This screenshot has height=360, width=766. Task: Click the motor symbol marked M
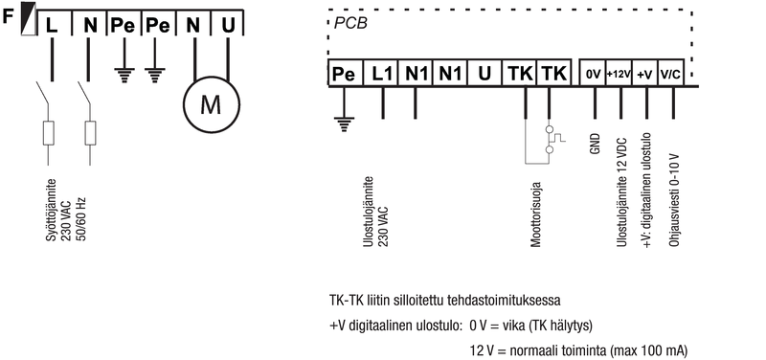[211, 104]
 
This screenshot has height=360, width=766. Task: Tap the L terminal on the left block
[53, 26]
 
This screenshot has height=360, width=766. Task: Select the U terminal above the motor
[228, 26]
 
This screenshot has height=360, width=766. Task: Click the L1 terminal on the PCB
[382, 74]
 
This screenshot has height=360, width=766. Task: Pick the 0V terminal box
[593, 75]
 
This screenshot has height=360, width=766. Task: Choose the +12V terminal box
[619, 75]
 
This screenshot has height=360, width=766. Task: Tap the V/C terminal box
[670, 75]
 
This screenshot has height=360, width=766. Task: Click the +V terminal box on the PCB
[644, 75]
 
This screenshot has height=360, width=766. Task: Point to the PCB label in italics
[350, 24]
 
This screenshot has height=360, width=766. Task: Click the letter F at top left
[9, 17]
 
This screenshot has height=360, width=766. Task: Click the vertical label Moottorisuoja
[536, 215]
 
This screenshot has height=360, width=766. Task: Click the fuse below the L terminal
[49, 133]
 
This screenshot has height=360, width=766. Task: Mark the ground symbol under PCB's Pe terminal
[345, 124]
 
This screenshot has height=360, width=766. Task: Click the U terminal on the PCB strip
[484, 74]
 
